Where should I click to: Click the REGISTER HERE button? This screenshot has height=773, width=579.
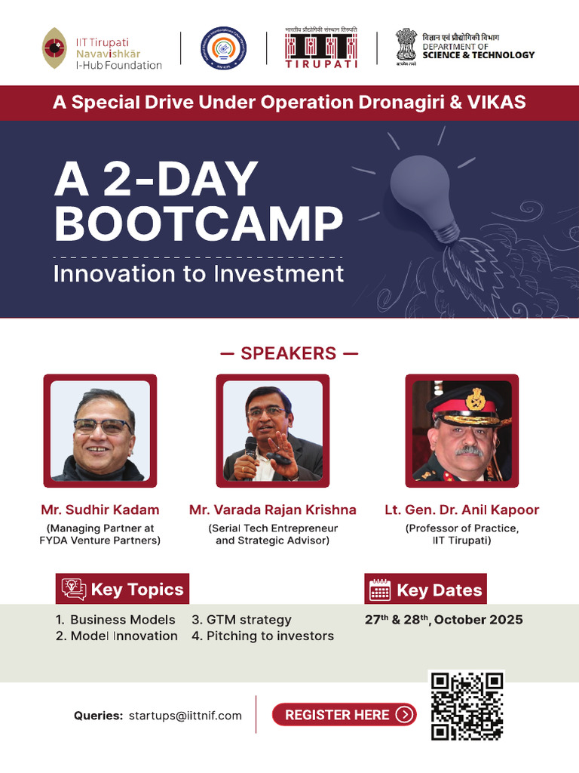click(344, 714)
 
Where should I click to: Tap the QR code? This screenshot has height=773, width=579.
click(466, 705)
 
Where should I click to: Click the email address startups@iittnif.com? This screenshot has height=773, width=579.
click(185, 716)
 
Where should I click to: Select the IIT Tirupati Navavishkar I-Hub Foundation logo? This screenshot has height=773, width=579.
click(102, 49)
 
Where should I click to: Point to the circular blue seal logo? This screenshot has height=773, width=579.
click(223, 48)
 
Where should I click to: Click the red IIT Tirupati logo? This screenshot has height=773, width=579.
click(320, 48)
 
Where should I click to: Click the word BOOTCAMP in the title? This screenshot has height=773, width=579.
click(198, 224)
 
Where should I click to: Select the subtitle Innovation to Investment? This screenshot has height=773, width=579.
click(198, 273)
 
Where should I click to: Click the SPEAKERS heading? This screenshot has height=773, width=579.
click(289, 353)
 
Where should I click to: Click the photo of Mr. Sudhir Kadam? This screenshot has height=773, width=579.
click(100, 430)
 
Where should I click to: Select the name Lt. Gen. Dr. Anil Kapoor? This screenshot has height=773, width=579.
click(461, 510)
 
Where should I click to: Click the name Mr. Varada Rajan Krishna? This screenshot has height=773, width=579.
click(273, 510)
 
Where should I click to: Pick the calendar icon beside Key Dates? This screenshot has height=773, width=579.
click(380, 590)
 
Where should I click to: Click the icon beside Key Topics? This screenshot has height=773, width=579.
click(74, 590)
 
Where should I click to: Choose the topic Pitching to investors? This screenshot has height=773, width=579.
click(270, 636)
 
